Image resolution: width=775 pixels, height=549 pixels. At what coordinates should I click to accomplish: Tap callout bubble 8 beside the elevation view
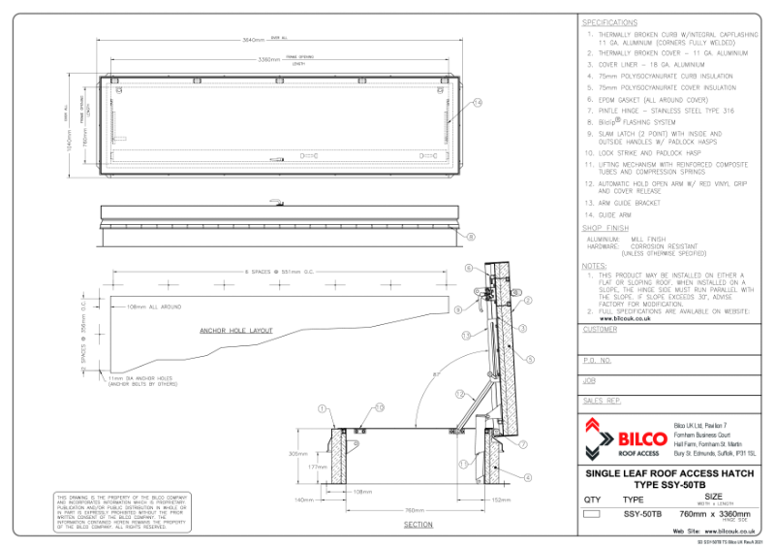[471, 236]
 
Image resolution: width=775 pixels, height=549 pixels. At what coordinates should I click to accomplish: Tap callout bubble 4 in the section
[528, 476]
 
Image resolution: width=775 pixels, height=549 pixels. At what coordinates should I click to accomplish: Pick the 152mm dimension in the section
[500, 500]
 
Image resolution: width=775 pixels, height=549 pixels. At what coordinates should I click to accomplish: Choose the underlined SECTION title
[418, 524]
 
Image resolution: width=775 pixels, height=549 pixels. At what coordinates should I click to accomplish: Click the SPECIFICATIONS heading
[610, 21]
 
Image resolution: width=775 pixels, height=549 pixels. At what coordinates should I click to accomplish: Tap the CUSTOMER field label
[601, 330]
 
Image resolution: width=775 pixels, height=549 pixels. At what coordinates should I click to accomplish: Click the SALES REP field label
[603, 400]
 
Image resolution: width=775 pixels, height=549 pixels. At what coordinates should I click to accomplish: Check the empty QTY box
[594, 513]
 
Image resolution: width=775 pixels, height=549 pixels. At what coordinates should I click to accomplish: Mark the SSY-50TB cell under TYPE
[641, 513]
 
